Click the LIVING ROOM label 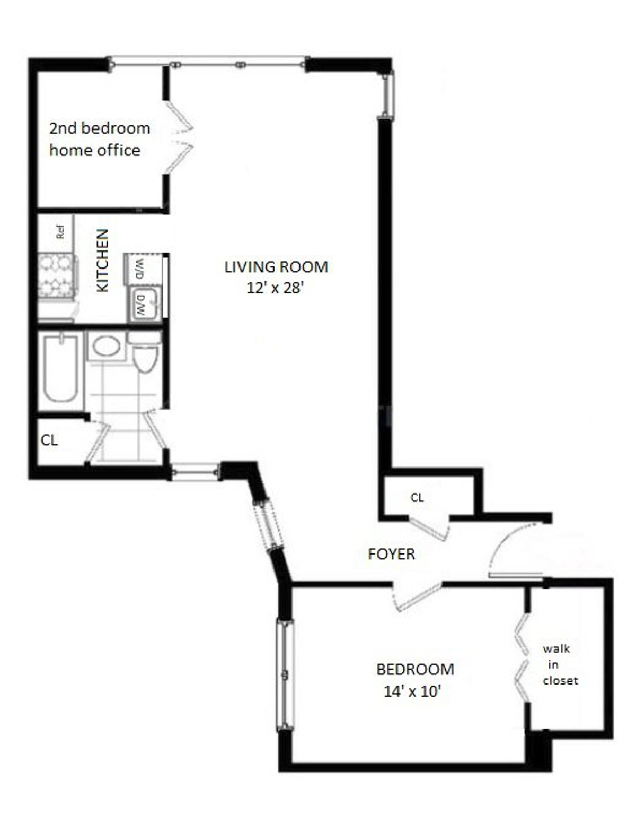tap(276, 266)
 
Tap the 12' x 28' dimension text tap(275, 288)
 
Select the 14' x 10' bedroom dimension tap(412, 692)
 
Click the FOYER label tap(391, 554)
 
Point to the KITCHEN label tap(102, 260)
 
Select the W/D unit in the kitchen tap(139, 269)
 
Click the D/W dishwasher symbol tap(141, 306)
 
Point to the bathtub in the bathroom tap(60, 368)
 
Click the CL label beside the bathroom tap(49, 440)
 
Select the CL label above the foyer tap(417, 498)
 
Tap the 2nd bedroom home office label tap(99, 139)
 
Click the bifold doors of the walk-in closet tap(522, 658)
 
